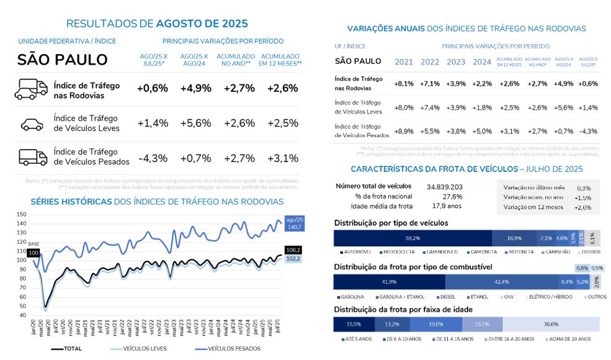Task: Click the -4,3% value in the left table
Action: click(153, 158)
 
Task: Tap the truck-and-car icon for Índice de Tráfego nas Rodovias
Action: click(30, 89)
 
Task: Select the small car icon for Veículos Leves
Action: click(32, 124)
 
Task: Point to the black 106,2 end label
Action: click(293, 250)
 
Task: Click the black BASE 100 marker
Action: click(33, 253)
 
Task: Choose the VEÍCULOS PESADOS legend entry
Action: click(234, 349)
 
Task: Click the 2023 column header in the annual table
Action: click(456, 62)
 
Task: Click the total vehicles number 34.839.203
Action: click(445, 186)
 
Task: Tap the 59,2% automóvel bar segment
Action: click(413, 238)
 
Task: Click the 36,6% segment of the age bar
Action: click(551, 324)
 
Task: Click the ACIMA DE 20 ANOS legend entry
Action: click(569, 339)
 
